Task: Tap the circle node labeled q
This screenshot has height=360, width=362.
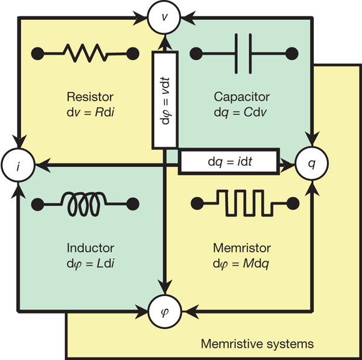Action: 312,163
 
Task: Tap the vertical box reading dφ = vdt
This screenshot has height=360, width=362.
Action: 164,99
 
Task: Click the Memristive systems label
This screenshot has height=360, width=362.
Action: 257,344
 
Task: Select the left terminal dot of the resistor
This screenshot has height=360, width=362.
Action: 37,52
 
